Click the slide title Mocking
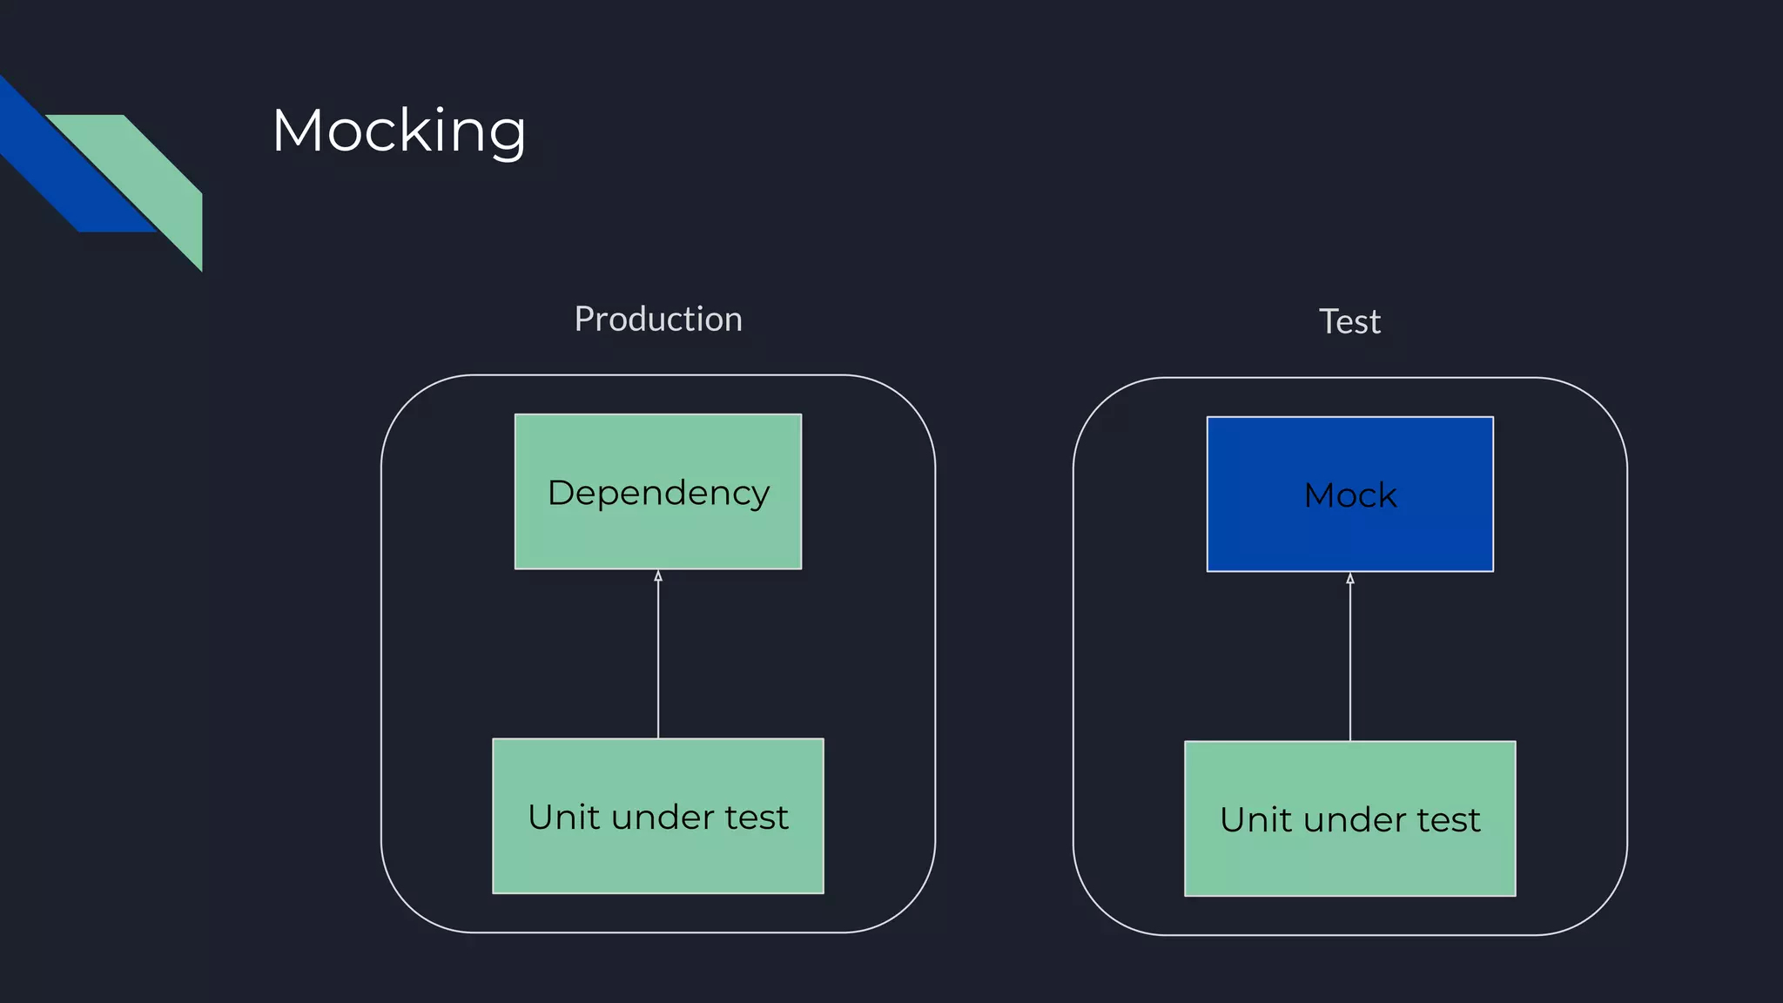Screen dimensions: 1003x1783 point(399,131)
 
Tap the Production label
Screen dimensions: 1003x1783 point(658,320)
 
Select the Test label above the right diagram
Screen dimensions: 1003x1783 point(1349,322)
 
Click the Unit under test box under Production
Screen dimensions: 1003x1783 point(658,858)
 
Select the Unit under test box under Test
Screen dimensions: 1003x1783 point(1349,862)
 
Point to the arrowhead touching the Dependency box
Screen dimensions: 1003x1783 point(658,576)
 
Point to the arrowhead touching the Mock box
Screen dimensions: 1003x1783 point(1350,578)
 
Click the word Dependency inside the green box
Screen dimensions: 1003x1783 point(658,494)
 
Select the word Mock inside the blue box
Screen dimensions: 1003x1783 point(1349,496)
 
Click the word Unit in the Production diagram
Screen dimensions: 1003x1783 point(563,818)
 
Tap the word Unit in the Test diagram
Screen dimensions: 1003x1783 point(1255,820)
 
